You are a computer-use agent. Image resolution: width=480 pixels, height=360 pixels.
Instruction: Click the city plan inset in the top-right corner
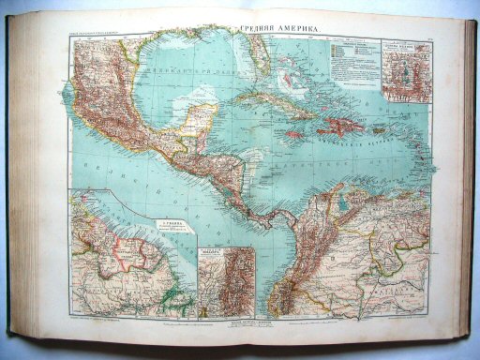pyautogui.click(x=405, y=71)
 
